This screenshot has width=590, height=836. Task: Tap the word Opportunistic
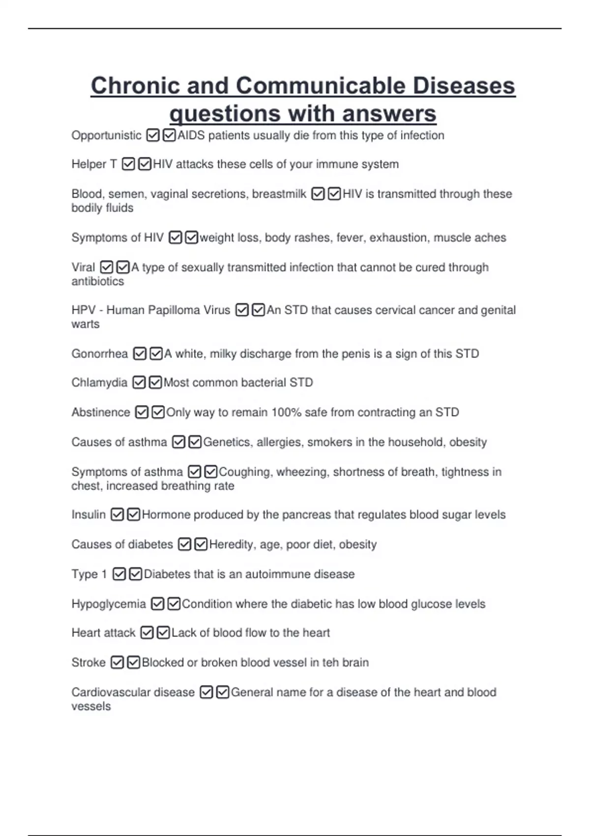point(106,135)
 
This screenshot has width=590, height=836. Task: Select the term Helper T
point(94,164)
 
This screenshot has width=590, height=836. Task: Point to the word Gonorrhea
point(99,354)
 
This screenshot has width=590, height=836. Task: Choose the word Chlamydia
point(99,382)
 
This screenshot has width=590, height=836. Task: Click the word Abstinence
point(101,412)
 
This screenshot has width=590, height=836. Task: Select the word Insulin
point(88,514)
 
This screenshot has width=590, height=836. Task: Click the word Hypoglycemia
point(109,604)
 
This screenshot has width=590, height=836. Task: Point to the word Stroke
point(88,662)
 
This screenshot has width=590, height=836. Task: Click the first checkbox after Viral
point(107,267)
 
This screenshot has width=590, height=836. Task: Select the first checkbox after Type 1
point(119,574)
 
